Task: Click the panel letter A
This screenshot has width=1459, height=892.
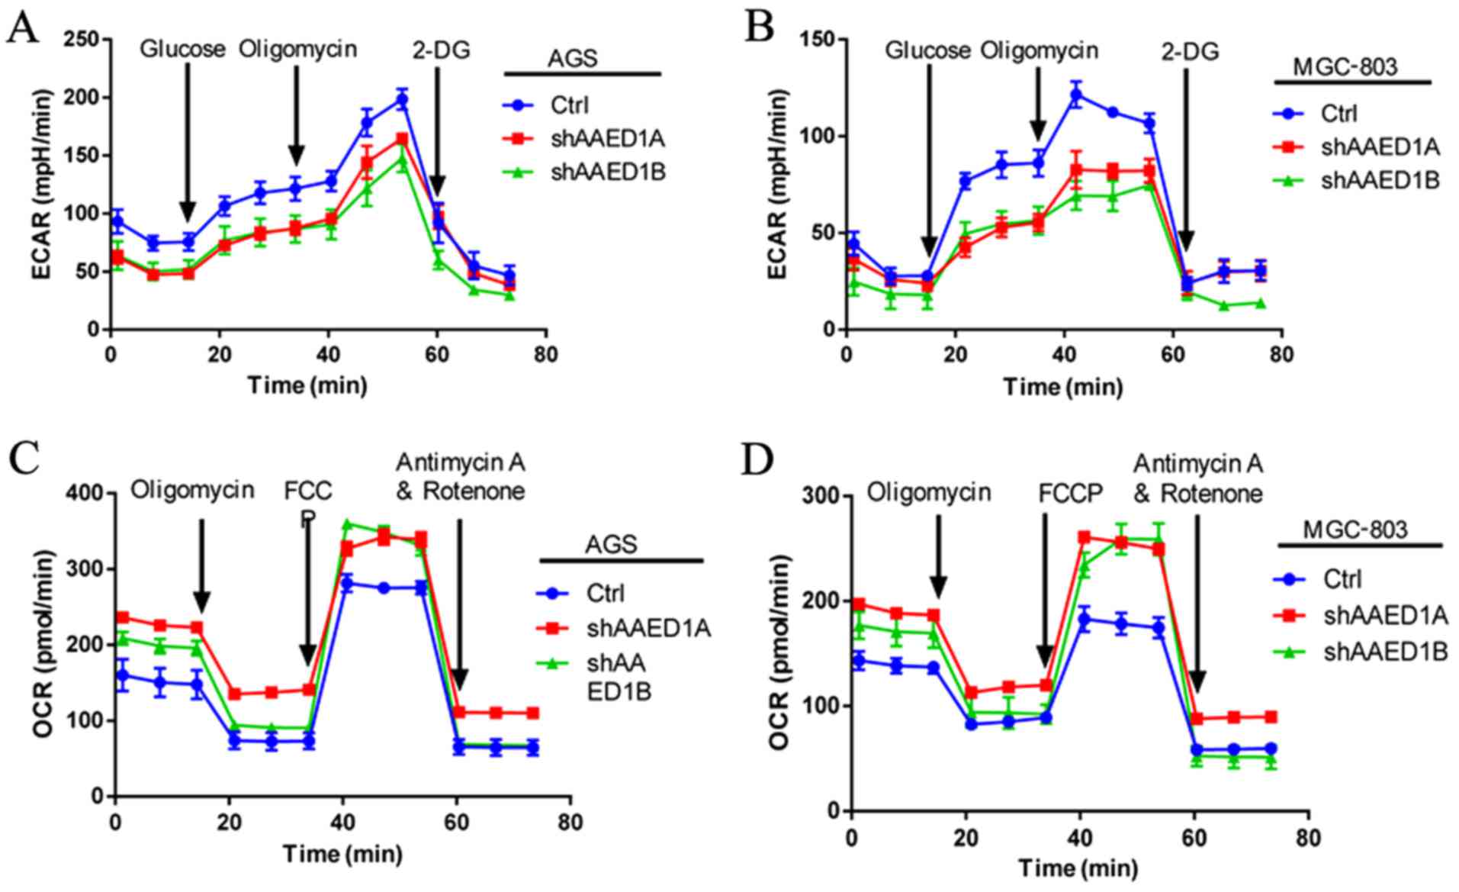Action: tap(22, 28)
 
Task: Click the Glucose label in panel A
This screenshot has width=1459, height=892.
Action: tap(183, 50)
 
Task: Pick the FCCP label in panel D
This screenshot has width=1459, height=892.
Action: tap(1071, 494)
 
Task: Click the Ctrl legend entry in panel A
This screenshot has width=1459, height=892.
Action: tap(569, 106)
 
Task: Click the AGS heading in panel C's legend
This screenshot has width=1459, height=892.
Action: tap(611, 544)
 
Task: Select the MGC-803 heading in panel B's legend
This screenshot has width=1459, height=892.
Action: tap(1345, 67)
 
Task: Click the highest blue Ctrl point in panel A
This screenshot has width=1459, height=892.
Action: tap(402, 100)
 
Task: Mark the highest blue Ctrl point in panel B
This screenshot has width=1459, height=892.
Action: tap(1076, 95)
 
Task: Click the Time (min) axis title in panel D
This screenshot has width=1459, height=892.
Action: tap(1078, 868)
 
